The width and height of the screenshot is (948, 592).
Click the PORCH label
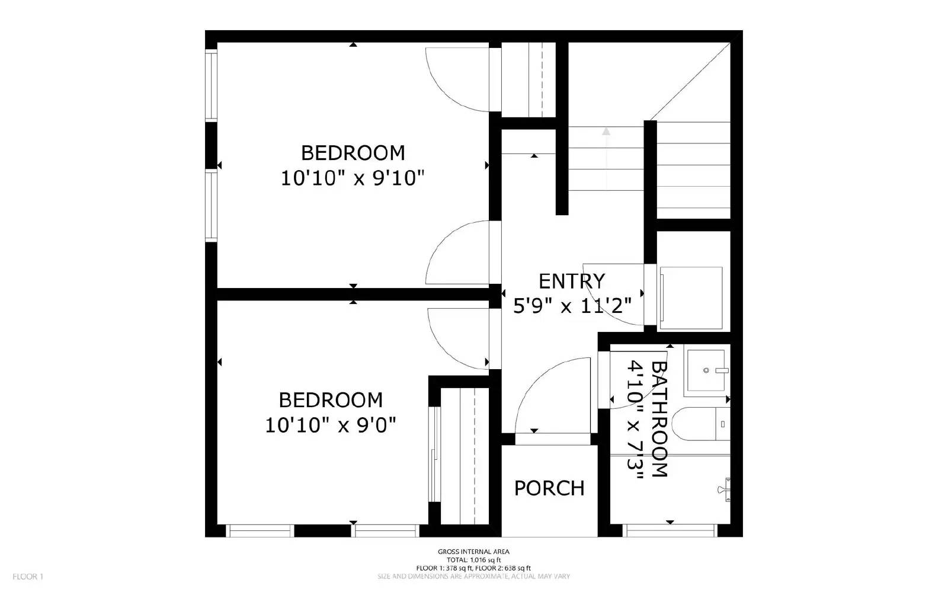point(549,488)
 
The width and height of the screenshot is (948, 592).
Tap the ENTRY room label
point(571,280)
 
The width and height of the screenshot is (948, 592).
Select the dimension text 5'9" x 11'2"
point(571,306)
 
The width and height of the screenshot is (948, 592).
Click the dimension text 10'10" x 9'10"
point(353,178)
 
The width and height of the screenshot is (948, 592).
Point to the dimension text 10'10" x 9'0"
point(330,425)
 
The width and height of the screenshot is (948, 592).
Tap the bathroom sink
point(706,372)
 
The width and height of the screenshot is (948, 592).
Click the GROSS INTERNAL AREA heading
point(473,552)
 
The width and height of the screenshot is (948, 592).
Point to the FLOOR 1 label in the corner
point(28,576)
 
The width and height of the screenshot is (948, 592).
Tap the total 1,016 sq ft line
point(473,559)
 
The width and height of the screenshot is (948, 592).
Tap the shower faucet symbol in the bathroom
point(725,489)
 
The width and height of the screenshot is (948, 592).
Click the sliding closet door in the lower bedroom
point(434,453)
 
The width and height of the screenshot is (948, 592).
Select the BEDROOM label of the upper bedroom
point(353,153)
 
